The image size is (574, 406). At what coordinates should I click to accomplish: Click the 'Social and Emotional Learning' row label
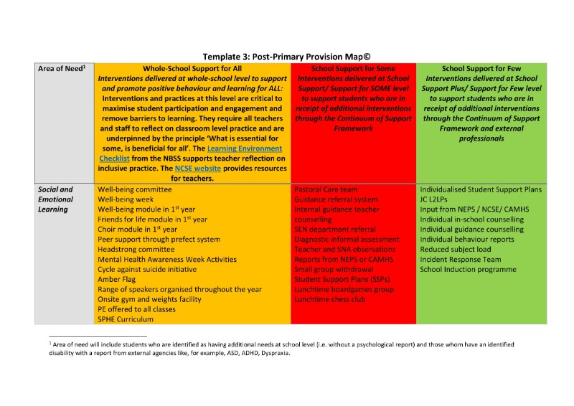[56, 199]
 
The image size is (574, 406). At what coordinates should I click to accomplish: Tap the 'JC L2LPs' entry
[436, 199]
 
